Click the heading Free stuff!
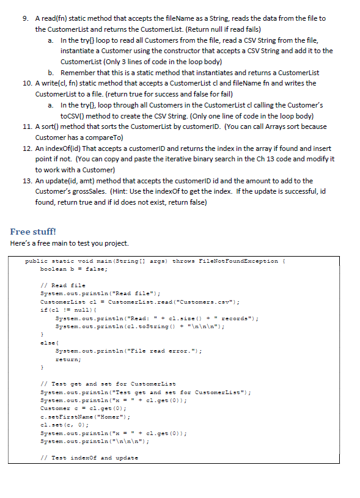pos(33,232)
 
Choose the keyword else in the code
pos(45,343)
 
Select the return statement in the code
pos(67,360)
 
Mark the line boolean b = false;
pos(74,269)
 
